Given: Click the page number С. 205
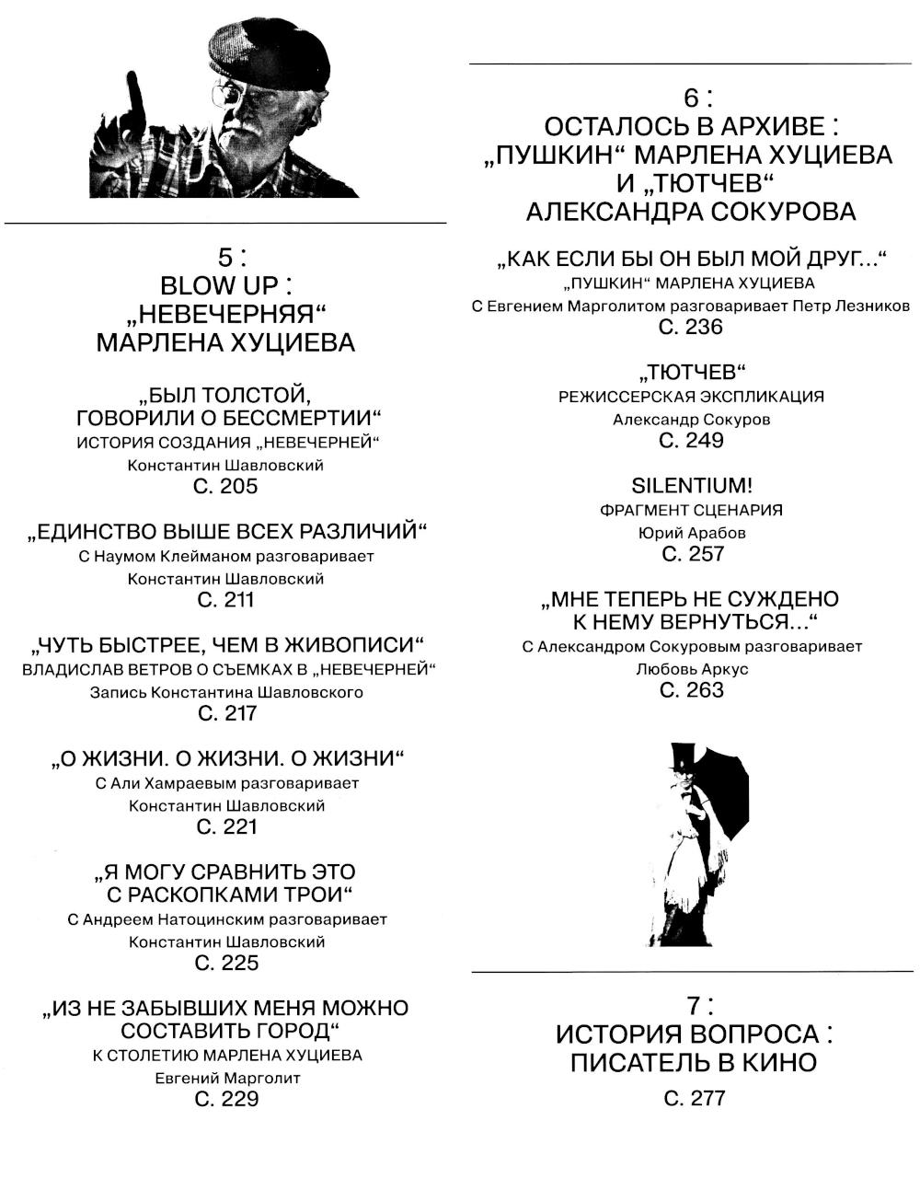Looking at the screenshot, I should pyautogui.click(x=226, y=487).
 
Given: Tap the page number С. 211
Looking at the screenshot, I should pyautogui.click(x=226, y=600).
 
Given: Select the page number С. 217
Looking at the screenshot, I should pyautogui.click(x=226, y=713).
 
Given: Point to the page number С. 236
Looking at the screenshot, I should pyautogui.click(x=692, y=328).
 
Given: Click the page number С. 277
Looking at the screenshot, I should pyautogui.click(x=695, y=1098).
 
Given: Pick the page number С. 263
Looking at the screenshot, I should pyautogui.click(x=692, y=690).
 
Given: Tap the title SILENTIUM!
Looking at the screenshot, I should pyautogui.click(x=692, y=486).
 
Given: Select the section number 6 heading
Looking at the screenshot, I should pyautogui.click(x=693, y=98).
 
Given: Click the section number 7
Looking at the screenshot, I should pyautogui.click(x=695, y=1005).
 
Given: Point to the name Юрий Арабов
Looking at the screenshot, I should pyautogui.click(x=692, y=533).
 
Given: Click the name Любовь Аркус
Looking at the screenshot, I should pyautogui.click(x=692, y=669).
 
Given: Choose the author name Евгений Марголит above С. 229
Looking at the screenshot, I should pyautogui.click(x=227, y=1078).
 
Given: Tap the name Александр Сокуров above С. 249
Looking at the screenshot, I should pyautogui.click(x=692, y=420).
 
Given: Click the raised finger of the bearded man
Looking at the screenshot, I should pyautogui.click(x=136, y=97).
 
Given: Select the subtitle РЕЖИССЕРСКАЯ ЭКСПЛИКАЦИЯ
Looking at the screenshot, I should pyautogui.click(x=692, y=397).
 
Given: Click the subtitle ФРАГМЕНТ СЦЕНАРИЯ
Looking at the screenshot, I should pyautogui.click(x=692, y=510).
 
